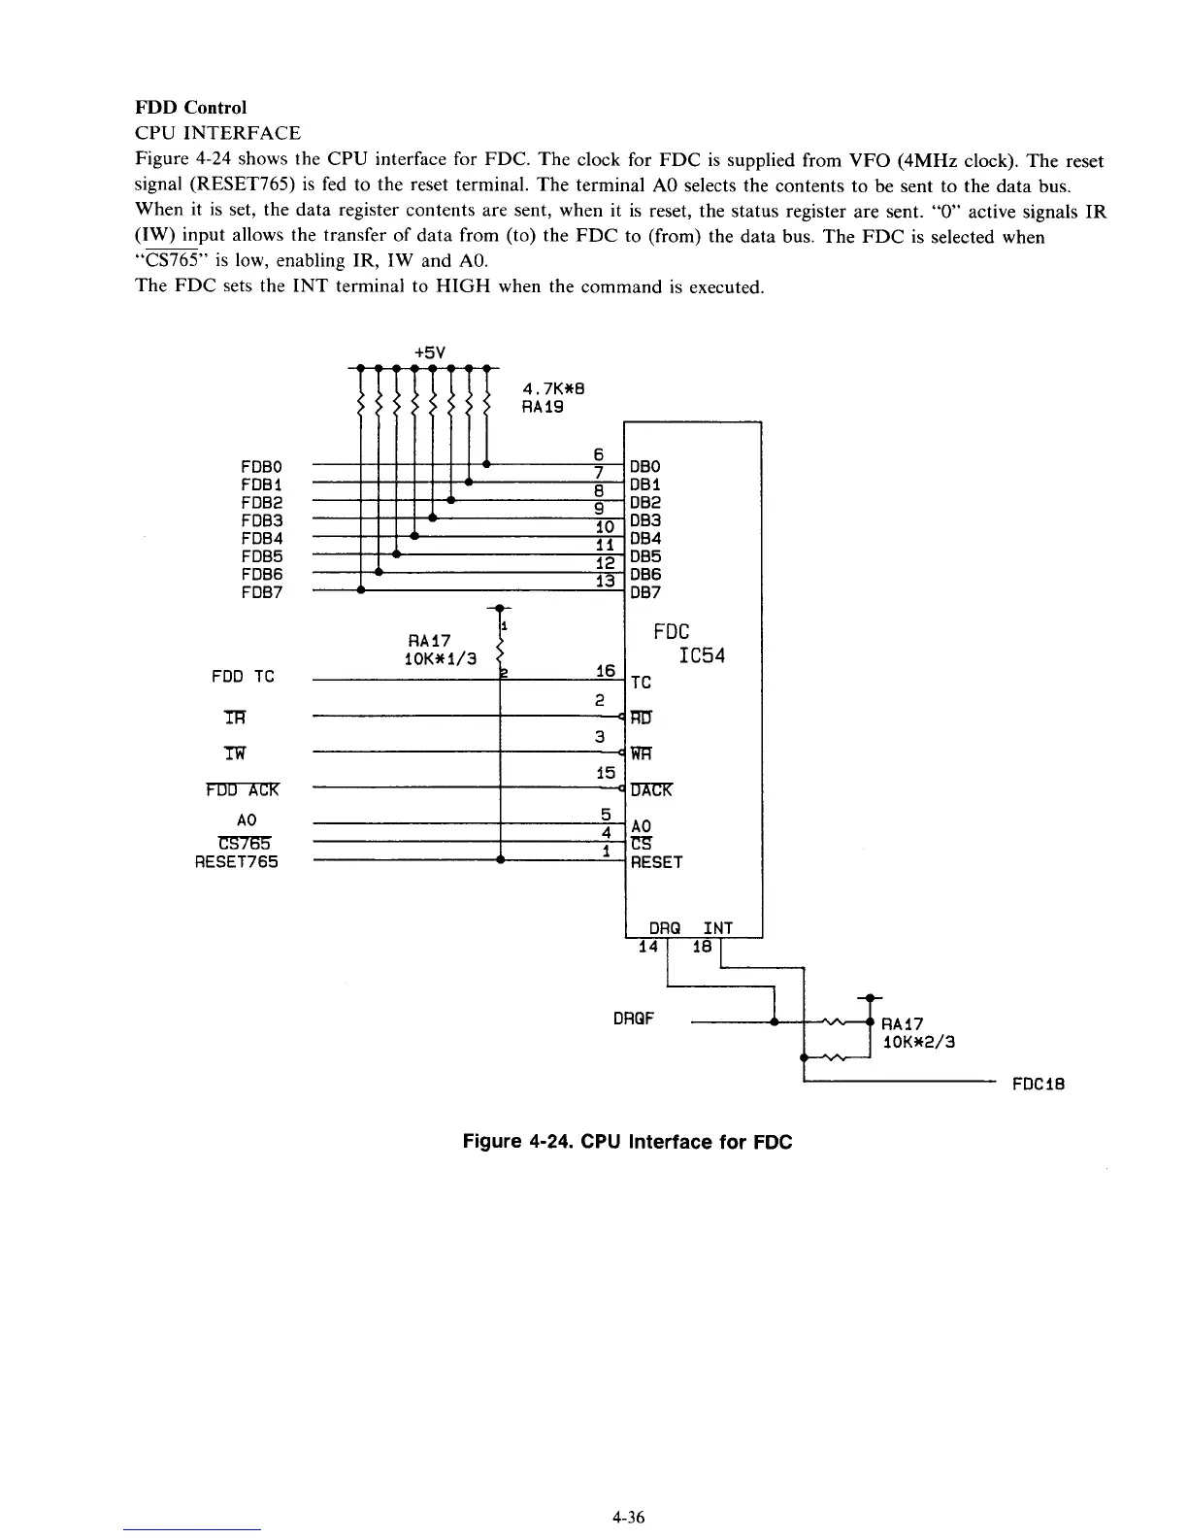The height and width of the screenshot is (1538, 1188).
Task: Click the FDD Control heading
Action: [190, 107]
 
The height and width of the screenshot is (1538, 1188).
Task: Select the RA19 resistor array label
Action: [544, 408]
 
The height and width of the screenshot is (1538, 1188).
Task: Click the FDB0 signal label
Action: [262, 467]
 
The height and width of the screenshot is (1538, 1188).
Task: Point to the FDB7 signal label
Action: [262, 592]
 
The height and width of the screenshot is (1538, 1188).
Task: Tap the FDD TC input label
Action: [243, 677]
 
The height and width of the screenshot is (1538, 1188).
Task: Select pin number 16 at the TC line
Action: [606, 671]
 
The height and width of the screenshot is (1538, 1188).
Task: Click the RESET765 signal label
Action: [237, 861]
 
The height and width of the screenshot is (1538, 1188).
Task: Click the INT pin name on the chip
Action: [717, 928]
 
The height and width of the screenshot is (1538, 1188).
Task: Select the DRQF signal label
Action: [635, 1020]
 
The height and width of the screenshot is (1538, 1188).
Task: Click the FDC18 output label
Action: [1038, 1085]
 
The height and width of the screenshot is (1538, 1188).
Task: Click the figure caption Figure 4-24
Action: [627, 1142]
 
